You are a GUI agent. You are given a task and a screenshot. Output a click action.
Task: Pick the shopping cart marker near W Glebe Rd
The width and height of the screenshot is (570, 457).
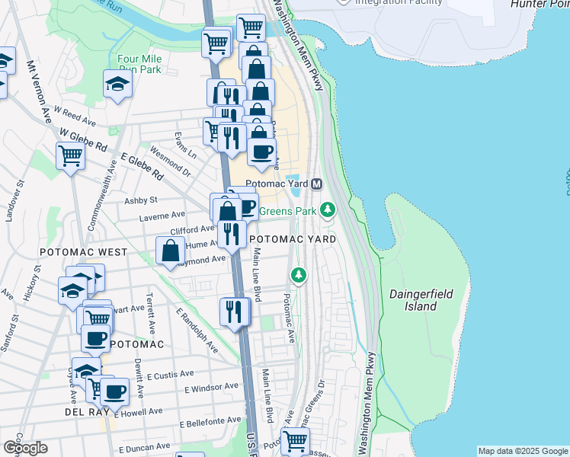pos(70,156)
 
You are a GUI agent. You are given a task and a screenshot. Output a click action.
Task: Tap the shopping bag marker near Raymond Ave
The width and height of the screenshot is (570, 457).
pos(170,250)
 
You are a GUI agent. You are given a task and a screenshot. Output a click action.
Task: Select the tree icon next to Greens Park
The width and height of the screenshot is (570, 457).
pos(328,209)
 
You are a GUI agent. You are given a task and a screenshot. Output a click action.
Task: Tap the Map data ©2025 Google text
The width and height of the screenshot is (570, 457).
pos(522,451)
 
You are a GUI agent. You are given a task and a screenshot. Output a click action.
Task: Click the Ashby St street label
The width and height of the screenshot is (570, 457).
pos(141,200)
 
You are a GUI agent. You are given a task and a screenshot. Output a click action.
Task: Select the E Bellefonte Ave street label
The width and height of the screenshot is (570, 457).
pos(210,423)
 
